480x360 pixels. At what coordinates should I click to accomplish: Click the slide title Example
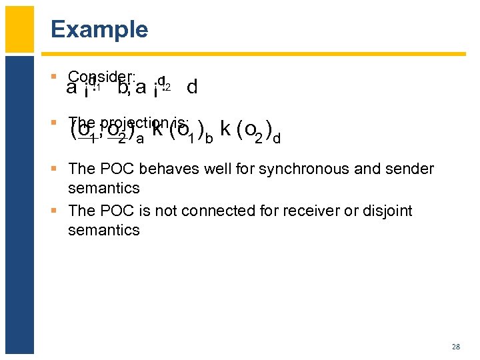tap(99, 30)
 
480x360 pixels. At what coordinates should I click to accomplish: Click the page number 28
tap(456, 347)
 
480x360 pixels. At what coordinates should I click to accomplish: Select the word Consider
tap(101, 77)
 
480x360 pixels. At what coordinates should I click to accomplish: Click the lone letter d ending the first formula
tap(192, 87)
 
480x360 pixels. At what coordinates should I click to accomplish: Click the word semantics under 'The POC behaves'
tap(103, 188)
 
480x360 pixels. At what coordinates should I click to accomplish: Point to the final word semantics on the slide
tap(103, 230)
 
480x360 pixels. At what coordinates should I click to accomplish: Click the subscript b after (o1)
tap(209, 139)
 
